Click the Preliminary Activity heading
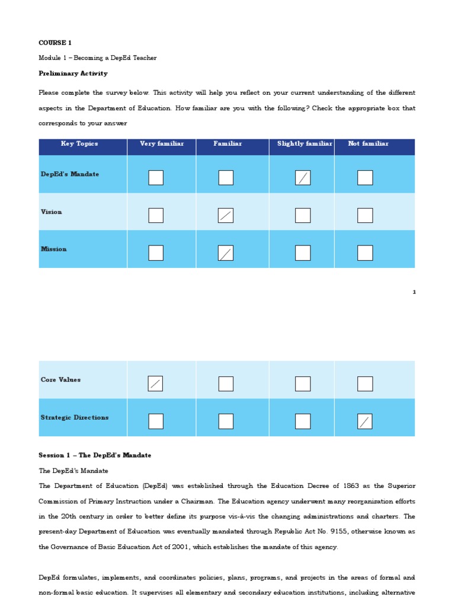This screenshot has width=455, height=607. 73,74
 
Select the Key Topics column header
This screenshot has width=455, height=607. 79,144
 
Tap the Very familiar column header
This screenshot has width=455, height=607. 162,144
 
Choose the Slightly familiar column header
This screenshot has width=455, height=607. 305,144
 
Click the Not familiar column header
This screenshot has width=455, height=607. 369,144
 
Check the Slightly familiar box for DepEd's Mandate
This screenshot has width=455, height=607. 303,178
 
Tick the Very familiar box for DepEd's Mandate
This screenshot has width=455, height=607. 156,178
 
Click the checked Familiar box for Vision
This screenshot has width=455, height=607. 226,215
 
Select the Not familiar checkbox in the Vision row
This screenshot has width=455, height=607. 365,215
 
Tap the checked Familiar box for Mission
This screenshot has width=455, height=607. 226,253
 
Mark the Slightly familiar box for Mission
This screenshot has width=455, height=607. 303,253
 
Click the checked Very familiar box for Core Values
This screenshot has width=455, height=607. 155,384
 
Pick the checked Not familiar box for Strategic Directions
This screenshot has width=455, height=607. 365,421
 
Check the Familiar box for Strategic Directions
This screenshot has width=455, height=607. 226,421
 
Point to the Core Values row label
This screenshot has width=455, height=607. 60,380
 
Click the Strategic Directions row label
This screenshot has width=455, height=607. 75,418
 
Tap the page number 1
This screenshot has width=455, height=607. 414,292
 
